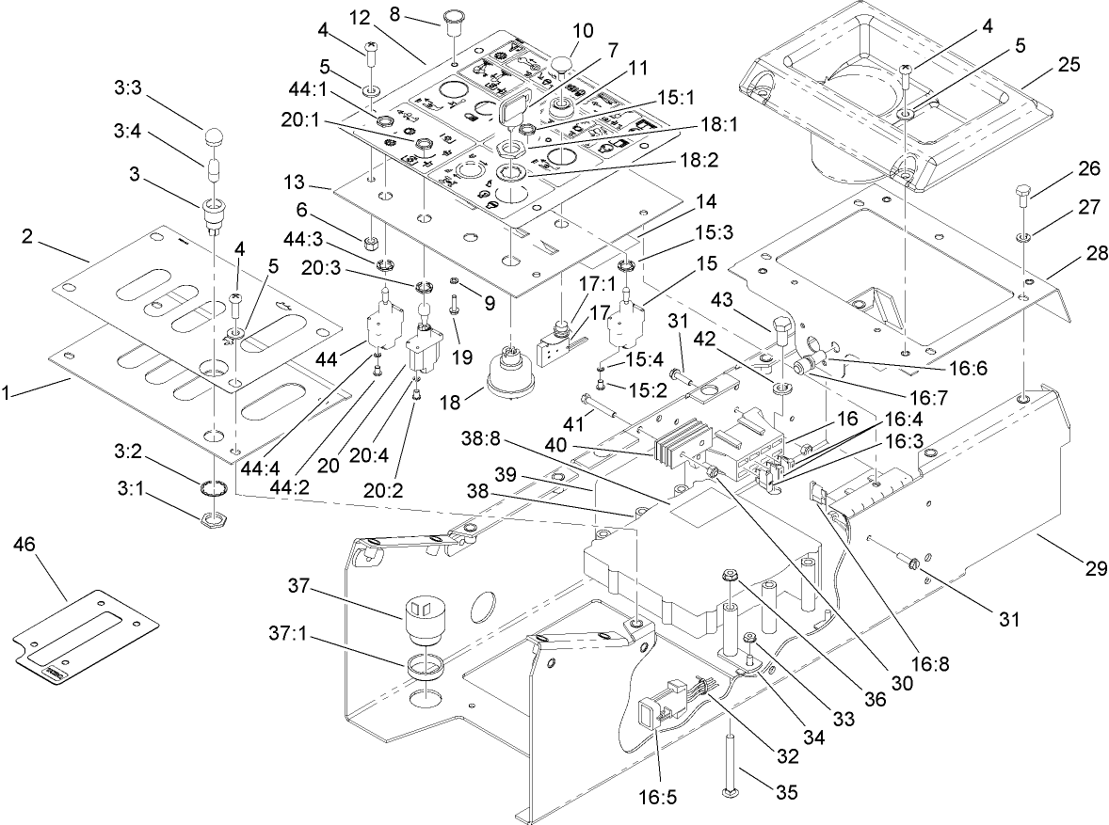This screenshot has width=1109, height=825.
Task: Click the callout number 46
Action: [26, 545]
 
